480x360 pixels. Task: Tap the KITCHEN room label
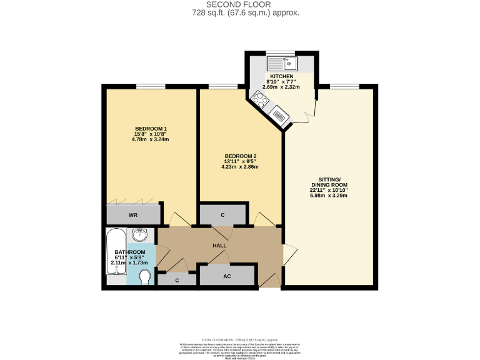[281, 76]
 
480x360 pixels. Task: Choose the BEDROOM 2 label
[241, 156]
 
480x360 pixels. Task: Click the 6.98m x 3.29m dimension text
[328, 196]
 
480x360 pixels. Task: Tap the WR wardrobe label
[132, 215]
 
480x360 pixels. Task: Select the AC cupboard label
[227, 276]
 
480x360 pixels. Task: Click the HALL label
[219, 246]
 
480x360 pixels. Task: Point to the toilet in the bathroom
[145, 277]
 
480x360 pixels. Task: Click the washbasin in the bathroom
[141, 236]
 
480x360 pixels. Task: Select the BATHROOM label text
[130, 252]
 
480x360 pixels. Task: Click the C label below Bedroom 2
[222, 215]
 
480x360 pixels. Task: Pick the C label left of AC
[177, 281]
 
